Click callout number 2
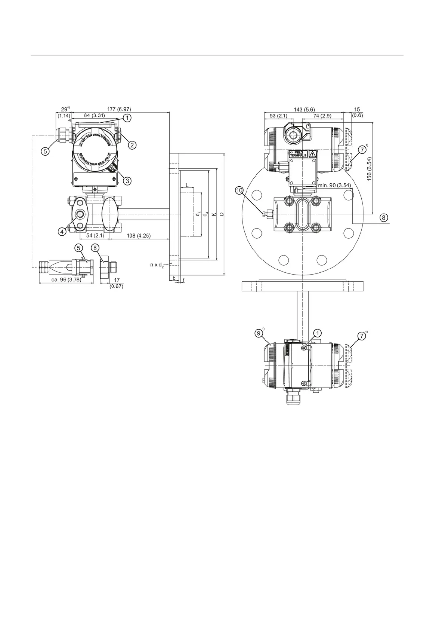[132, 145]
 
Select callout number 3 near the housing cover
[127, 181]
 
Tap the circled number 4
[62, 232]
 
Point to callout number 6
[95, 248]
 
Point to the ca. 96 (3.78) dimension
[66, 280]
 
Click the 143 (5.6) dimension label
[303, 109]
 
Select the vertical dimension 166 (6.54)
[370, 169]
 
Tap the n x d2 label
[157, 265]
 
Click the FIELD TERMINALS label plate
[298, 154]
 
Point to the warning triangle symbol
[312, 154]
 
